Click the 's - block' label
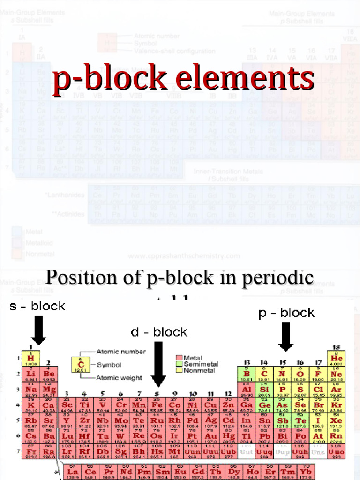(x=37, y=306)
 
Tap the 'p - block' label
(x=286, y=313)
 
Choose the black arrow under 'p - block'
(x=285, y=336)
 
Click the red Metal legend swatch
(x=179, y=358)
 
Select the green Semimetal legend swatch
(x=179, y=364)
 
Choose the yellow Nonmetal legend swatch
(x=179, y=370)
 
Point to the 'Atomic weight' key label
(x=117, y=377)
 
